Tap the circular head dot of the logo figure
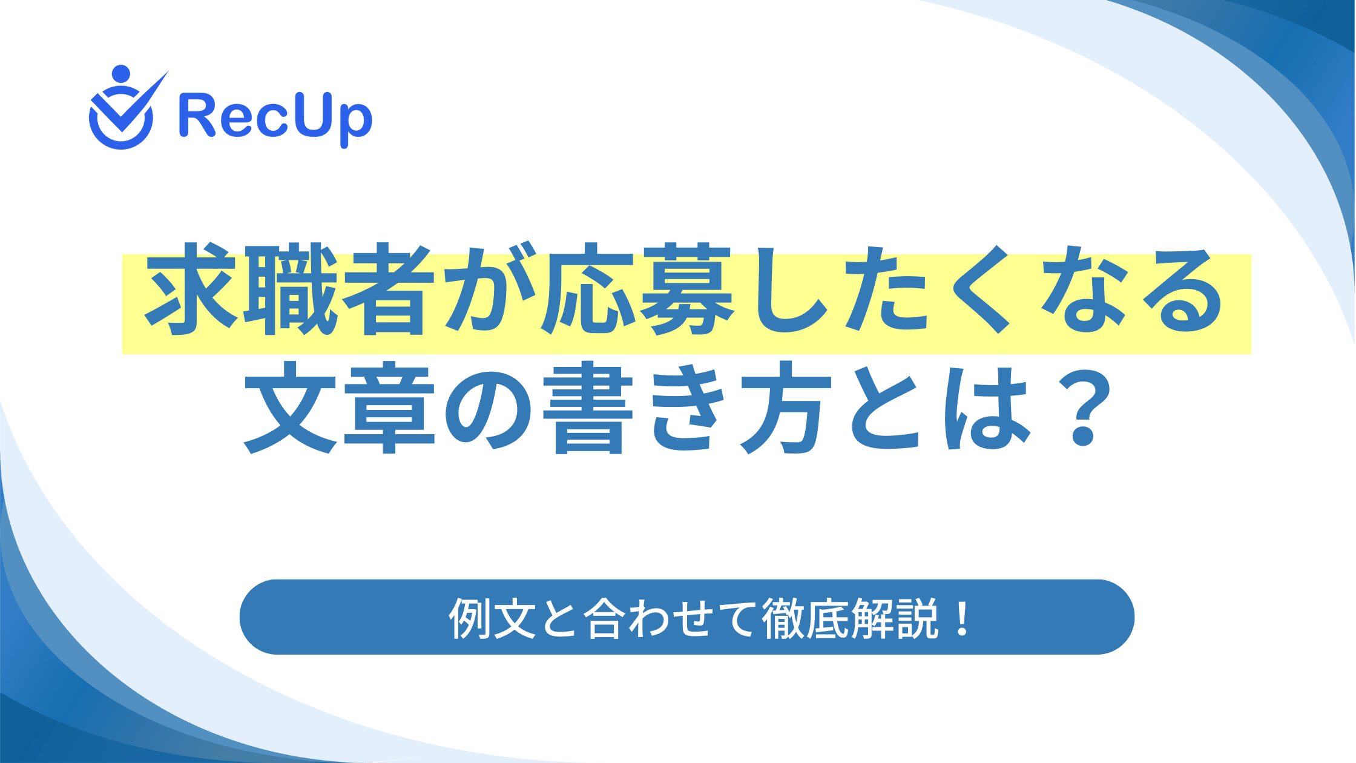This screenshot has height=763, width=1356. [121, 74]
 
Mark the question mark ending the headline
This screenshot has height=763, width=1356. [1079, 408]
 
